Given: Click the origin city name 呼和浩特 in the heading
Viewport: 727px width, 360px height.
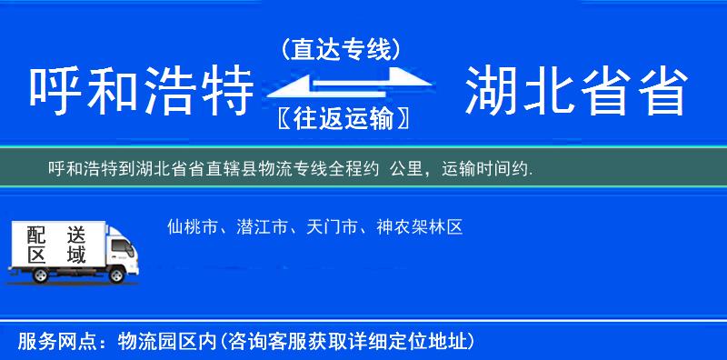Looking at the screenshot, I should tap(141, 94).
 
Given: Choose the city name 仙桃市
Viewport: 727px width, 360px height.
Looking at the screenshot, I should tap(192, 226).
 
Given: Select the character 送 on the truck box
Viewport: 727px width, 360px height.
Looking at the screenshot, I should tap(75, 234).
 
